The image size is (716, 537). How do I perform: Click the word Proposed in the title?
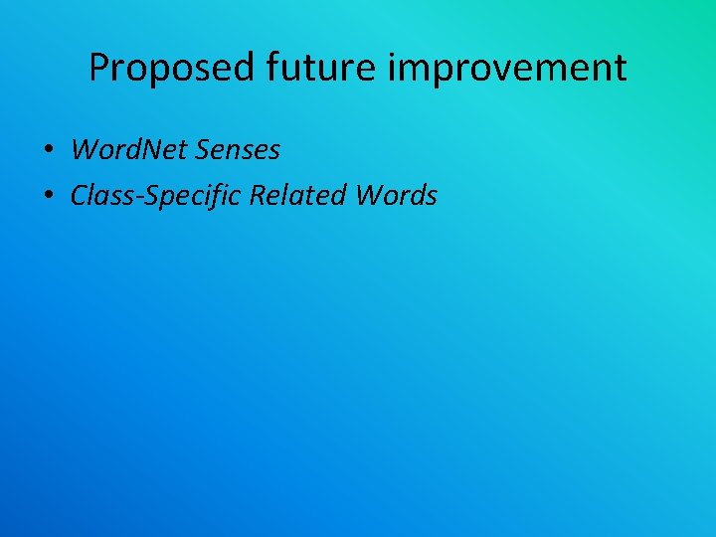point(172,68)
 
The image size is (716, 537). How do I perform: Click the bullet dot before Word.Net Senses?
point(48,151)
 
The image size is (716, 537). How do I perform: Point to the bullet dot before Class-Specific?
point(48,197)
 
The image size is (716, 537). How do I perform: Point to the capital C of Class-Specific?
point(79,196)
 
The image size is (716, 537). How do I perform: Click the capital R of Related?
point(258,196)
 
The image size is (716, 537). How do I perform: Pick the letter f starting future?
point(271,68)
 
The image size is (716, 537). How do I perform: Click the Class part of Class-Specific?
point(96,196)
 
